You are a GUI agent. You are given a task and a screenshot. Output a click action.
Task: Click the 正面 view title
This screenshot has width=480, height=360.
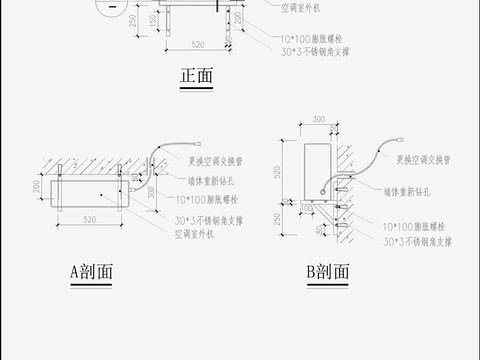click(x=197, y=77)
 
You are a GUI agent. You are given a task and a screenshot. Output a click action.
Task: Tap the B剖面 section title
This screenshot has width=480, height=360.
click(x=328, y=271)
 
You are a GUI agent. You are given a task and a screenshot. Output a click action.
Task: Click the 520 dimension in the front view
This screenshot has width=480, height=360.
click(x=198, y=45)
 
